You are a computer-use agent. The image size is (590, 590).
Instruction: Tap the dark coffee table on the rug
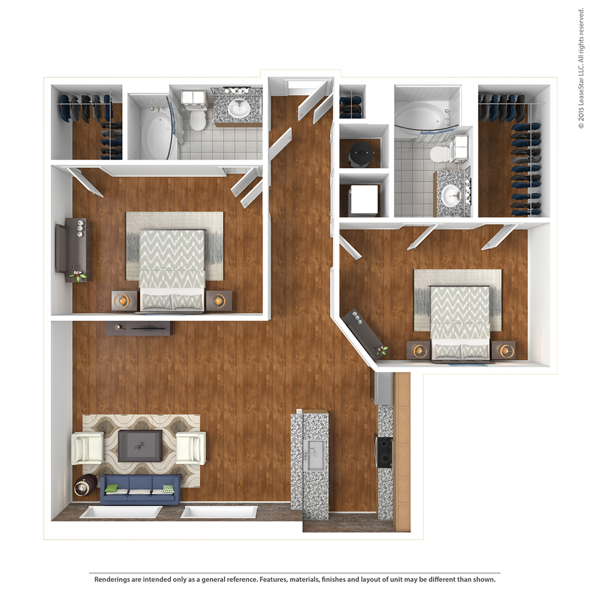[x=140, y=446]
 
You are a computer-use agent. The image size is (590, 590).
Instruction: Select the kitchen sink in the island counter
[x=314, y=455]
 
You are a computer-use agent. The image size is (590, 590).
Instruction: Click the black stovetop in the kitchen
[x=384, y=452]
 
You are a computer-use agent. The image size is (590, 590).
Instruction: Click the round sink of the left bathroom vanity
[x=239, y=108]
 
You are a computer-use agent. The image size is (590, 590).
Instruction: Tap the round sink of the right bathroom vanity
[x=452, y=196]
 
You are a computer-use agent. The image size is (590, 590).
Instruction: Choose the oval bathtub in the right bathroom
[x=420, y=116]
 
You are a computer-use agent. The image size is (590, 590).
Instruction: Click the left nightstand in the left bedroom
[x=124, y=301]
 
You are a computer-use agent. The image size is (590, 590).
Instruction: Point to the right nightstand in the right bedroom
[x=503, y=351]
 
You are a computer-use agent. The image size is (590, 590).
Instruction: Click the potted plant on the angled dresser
[x=381, y=350]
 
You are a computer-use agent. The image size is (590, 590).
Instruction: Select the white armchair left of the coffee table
[x=87, y=448]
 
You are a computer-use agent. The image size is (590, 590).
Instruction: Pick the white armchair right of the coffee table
[x=191, y=447]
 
